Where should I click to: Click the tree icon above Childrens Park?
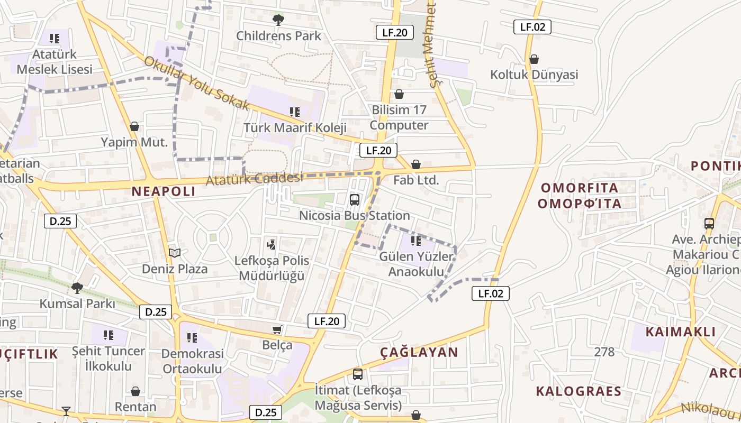(278, 20)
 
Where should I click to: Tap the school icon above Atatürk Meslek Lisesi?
(54, 39)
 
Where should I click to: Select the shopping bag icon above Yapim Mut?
(134, 126)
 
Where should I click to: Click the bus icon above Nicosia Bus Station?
(355, 200)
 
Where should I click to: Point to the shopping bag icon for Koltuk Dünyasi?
(534, 59)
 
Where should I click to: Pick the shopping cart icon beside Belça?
(277, 330)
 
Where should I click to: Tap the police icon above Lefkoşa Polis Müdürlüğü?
(272, 244)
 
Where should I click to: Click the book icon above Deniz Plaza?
(175, 253)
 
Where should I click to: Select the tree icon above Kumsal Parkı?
(77, 288)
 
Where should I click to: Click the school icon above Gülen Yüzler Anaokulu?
(416, 241)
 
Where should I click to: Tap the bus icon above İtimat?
(358, 374)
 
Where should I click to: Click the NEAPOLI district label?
(164, 191)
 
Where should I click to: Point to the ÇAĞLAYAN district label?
(419, 352)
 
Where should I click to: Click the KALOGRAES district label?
(579, 391)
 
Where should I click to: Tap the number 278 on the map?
(604, 352)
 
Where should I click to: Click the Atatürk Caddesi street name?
(255, 178)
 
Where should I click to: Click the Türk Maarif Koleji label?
(295, 127)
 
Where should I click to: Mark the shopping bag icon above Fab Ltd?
(416, 164)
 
